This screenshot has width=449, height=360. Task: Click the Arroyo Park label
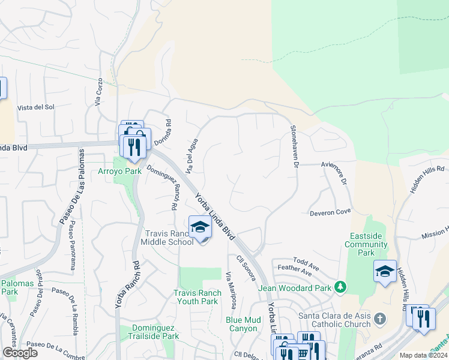(119, 172)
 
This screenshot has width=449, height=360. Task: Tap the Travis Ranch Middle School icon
(200, 227)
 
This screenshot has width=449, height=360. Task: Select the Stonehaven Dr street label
(294, 147)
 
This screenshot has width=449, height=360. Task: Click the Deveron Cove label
(330, 212)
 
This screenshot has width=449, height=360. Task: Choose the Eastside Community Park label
(367, 245)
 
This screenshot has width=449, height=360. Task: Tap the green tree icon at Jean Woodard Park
(340, 287)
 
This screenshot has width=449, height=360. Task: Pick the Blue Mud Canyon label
(243, 324)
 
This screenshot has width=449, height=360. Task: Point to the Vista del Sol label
(36, 107)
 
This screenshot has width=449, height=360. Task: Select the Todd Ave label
(309, 262)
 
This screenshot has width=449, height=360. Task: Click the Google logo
(20, 353)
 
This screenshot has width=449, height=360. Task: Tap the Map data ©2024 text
(423, 355)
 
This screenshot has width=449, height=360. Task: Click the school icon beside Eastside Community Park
(384, 271)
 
